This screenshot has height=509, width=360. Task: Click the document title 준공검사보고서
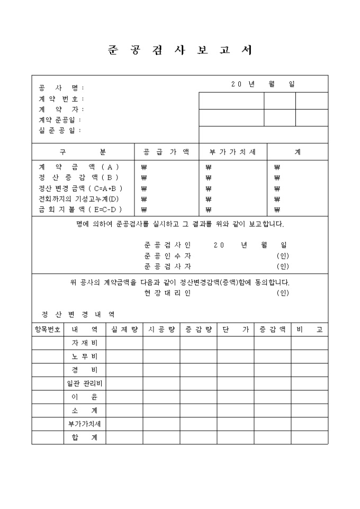coord(179,50)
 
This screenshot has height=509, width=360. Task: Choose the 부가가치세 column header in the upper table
coord(232,152)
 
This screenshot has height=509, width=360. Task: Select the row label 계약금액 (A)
coord(79,167)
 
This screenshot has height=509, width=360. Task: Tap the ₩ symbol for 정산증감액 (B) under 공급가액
coord(144,178)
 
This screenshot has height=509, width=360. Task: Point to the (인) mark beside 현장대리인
coord(283,293)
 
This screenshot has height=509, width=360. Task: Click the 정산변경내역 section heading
coord(77,314)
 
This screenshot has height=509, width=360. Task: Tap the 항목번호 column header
coord(48,329)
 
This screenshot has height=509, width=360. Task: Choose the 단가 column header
coord(235,329)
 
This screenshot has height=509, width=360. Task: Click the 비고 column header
coord(309,329)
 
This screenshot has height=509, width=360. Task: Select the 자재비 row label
coord(85,343)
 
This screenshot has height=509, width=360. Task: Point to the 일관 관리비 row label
coord(85,383)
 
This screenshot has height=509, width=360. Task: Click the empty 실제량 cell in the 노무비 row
coord(124,357)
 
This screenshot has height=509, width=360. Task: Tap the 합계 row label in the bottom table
coord(85,437)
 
